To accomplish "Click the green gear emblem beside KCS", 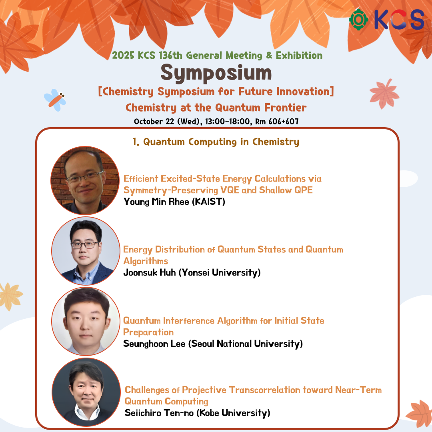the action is point(358,20).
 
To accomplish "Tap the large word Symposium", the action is point(216,73).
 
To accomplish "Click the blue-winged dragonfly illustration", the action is point(55,100).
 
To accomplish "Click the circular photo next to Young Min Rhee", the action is point(85,180).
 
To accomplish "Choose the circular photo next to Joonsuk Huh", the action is point(86,251).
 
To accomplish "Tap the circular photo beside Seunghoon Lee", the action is point(86,322).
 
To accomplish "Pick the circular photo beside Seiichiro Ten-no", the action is point(86,392).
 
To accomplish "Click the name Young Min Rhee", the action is point(156,202).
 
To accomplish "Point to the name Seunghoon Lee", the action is point(154,344).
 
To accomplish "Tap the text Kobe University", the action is point(234,413).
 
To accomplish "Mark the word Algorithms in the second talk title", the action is point(146,261).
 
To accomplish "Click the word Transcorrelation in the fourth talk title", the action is point(264,390).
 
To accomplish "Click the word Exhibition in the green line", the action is point(299,55).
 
